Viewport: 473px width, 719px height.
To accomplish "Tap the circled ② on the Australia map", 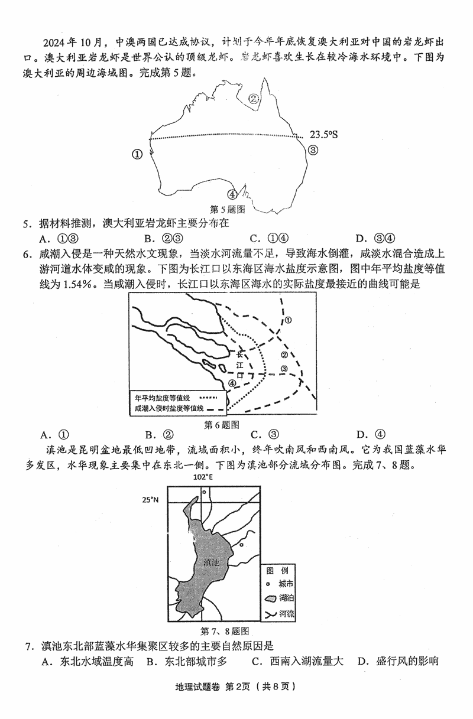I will (254, 99).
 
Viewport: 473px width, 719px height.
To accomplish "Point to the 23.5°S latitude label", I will (323, 135).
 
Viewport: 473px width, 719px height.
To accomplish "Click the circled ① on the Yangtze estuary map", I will (289, 320).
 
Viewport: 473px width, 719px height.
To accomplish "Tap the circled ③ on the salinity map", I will (284, 369).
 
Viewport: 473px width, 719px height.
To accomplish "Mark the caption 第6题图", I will (221, 424).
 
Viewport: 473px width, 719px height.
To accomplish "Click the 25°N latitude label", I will (150, 500).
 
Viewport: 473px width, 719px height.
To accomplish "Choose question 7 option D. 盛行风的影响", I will (397, 661).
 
